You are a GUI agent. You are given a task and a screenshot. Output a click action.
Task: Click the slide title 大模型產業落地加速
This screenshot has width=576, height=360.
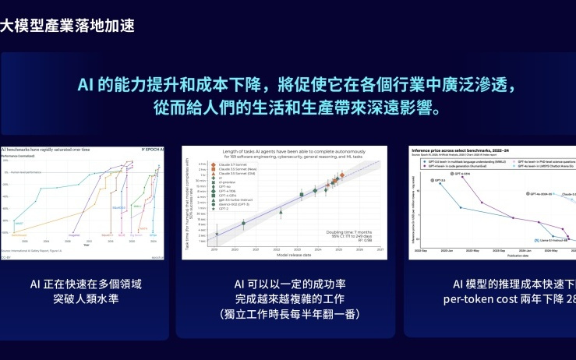point(68,26)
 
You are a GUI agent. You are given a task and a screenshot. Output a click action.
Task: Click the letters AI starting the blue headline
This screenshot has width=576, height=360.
point(87,84)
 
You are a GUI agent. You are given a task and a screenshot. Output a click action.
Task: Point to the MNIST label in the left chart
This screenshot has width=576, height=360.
point(18,223)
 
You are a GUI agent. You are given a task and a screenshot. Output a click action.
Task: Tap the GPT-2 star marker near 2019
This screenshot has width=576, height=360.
point(217,234)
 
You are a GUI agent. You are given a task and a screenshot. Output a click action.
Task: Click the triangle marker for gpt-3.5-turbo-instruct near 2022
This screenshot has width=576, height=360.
point(280,211)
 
